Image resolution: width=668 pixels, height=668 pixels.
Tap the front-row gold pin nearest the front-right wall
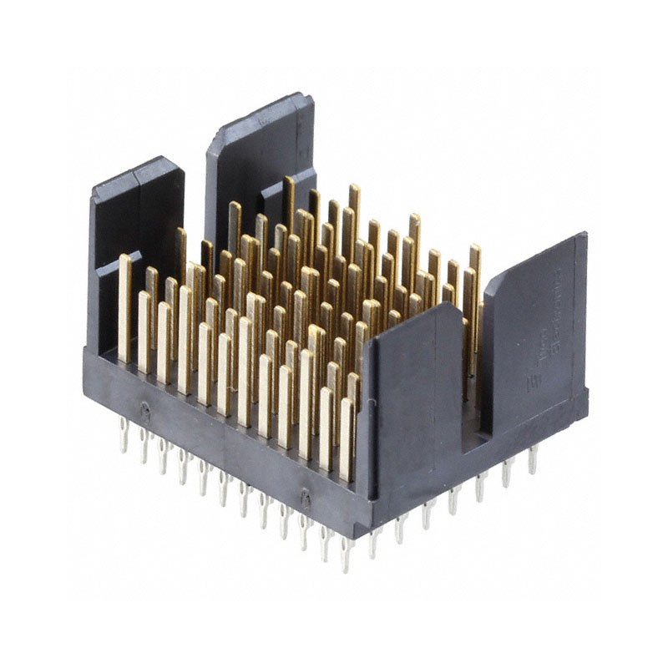[347, 438]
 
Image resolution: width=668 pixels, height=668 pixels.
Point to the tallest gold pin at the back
[355, 217]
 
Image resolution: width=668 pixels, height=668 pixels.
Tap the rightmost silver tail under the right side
[532, 458]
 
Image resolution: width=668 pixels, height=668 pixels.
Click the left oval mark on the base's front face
[144, 410]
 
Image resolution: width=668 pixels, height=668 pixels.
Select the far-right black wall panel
[534, 334]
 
